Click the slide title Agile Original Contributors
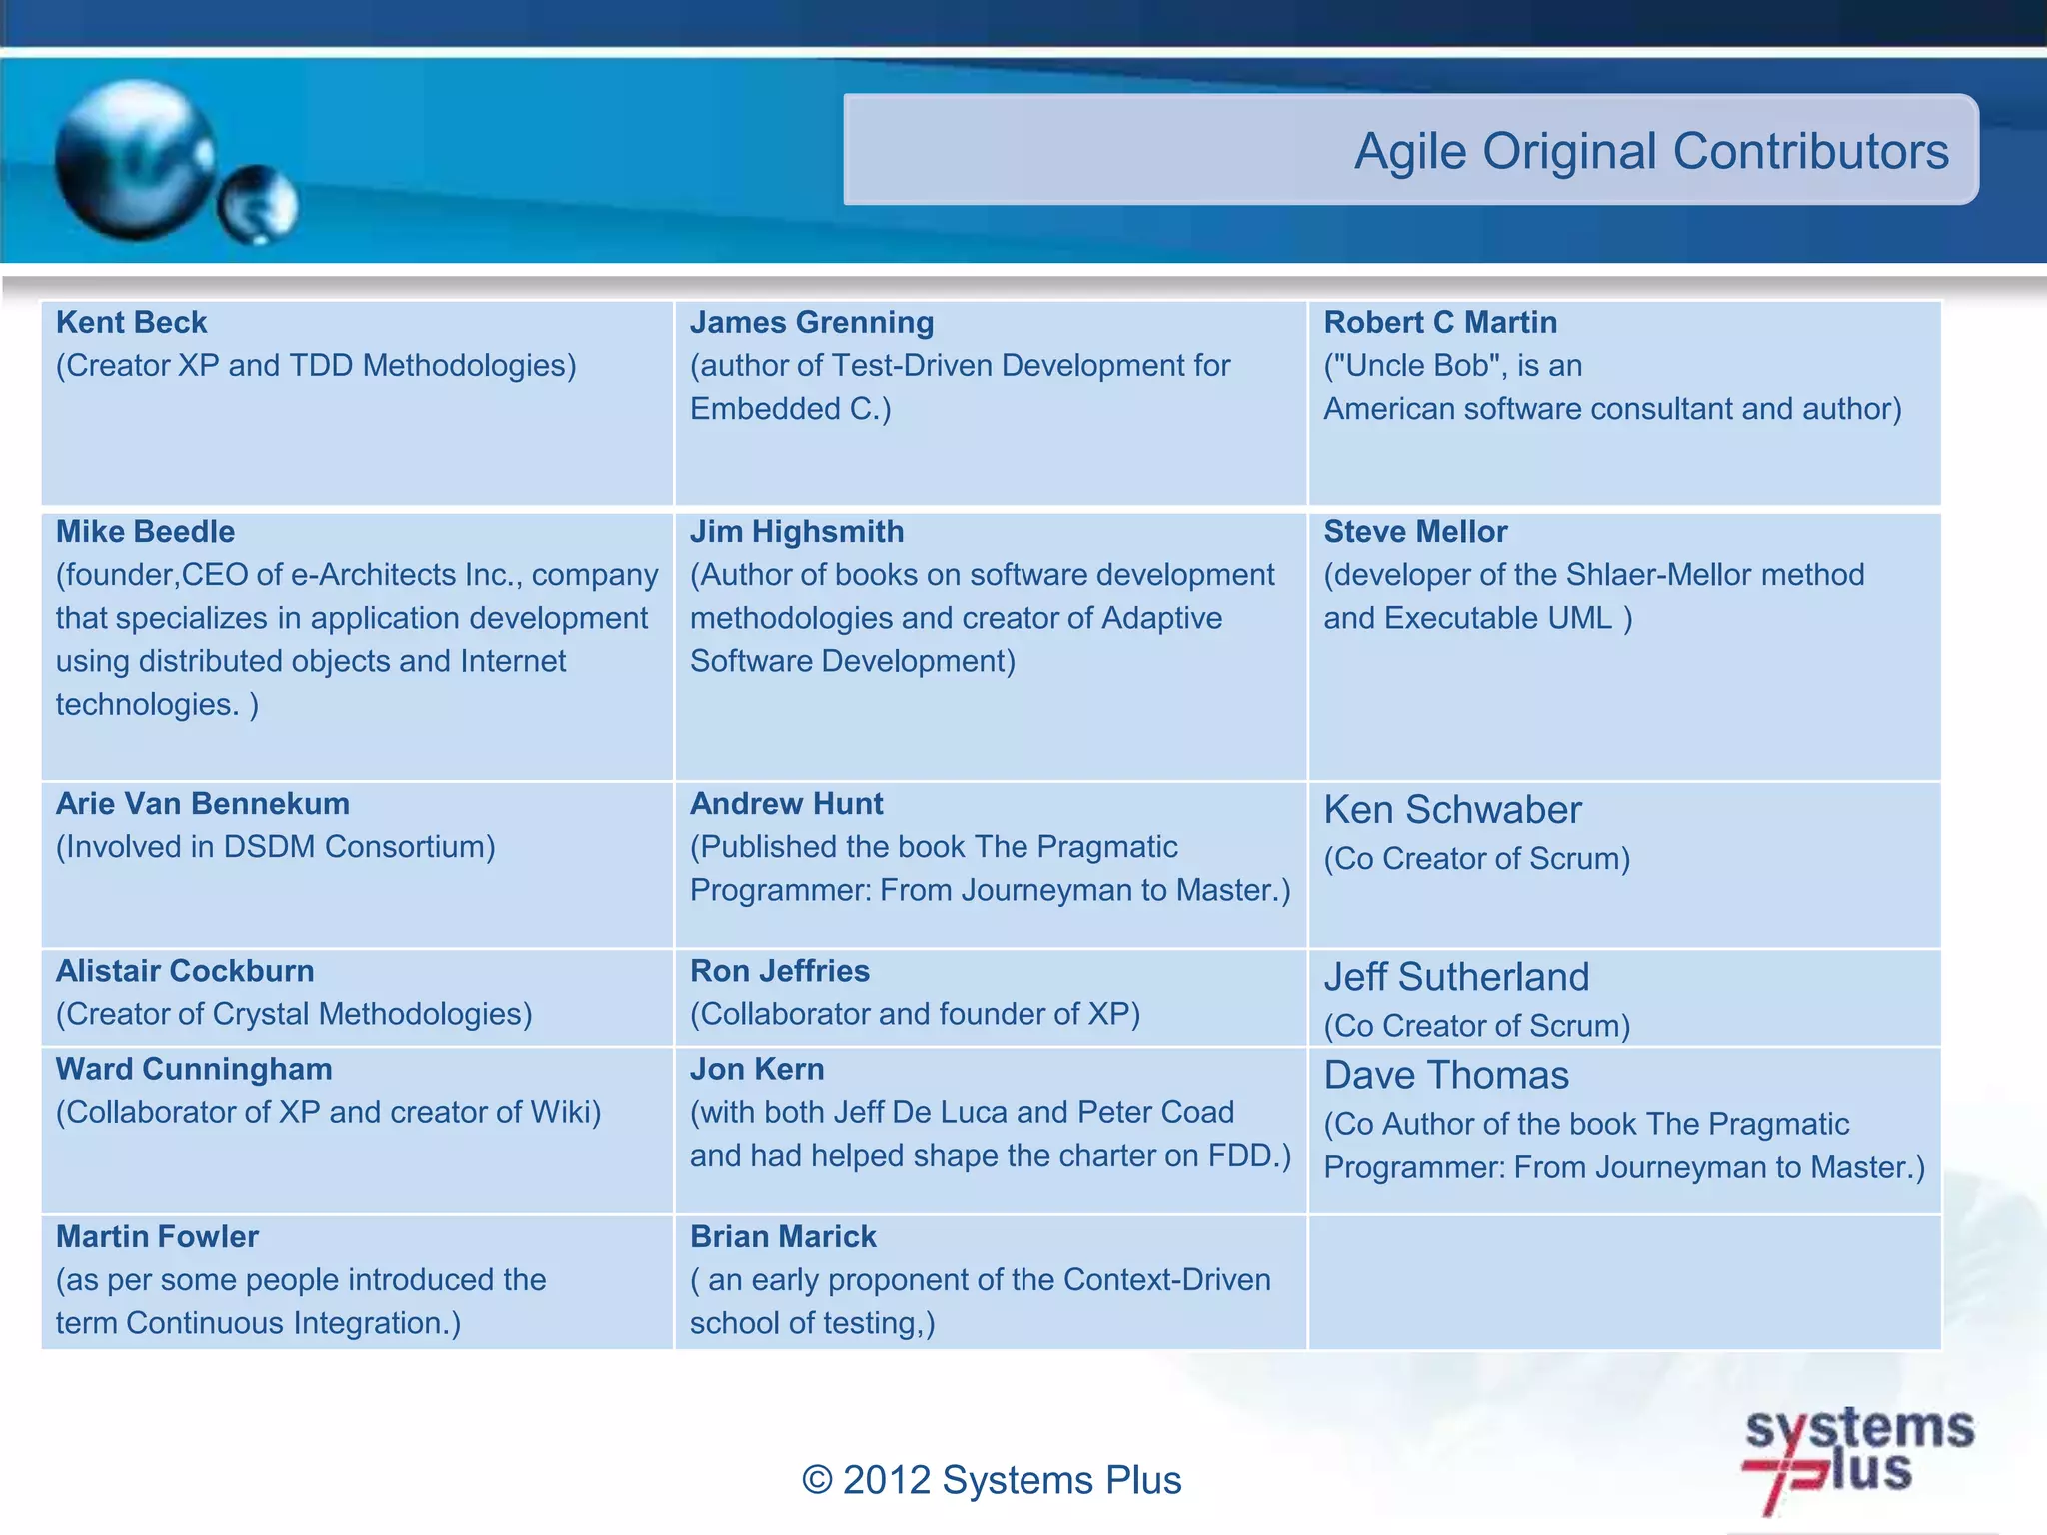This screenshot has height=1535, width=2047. [1650, 152]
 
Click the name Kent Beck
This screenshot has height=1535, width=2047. [131, 323]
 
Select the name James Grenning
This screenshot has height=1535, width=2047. [811, 323]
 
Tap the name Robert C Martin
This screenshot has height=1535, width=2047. [1439, 323]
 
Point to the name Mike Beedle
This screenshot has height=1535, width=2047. [145, 532]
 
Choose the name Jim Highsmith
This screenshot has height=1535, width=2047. [796, 532]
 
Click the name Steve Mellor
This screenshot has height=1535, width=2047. [1414, 532]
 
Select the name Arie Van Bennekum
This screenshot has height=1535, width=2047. [202, 804]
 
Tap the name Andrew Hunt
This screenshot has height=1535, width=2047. [786, 804]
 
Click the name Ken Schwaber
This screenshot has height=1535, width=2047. [1451, 810]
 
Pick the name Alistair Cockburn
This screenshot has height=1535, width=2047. [185, 971]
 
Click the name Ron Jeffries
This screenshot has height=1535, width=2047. [779, 971]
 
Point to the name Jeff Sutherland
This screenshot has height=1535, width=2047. [1455, 977]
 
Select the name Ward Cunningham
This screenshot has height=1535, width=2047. [194, 1069]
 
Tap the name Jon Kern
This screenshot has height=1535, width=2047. [756, 1069]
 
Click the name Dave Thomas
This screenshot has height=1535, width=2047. [1445, 1076]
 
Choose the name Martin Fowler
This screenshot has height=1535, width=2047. [157, 1237]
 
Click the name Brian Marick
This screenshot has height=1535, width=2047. [782, 1237]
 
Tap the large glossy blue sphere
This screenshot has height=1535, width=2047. [135, 160]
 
